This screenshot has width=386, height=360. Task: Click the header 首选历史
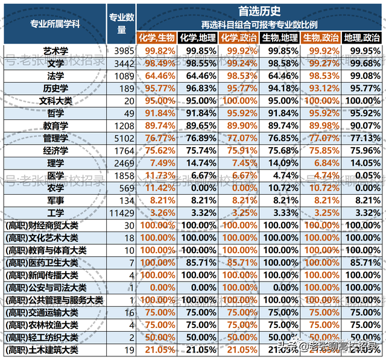260,10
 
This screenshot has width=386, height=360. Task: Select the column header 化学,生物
157,37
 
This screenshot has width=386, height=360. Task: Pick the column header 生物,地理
280,37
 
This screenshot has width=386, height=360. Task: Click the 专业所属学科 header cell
54,24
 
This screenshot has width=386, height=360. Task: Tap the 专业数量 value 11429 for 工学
122,213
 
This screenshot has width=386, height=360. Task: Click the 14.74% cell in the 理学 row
198,163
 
